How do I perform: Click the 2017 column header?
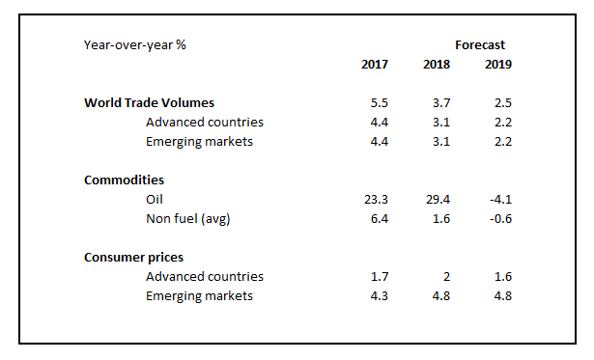375,65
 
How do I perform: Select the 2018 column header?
437,65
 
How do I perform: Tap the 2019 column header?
498,65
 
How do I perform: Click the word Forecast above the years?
480,45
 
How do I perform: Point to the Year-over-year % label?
135,45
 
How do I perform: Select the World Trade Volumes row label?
150,103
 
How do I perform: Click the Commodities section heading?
124,180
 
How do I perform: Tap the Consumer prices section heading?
133,258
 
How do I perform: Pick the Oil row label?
155,199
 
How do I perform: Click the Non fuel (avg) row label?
188,219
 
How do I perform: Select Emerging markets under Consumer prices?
199,295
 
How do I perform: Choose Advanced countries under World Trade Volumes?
205,123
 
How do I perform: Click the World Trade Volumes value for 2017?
380,103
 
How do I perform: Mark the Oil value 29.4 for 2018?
438,199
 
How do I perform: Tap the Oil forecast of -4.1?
500,199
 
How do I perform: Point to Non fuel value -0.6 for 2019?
500,219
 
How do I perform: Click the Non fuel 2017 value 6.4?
380,219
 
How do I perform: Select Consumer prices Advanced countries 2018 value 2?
446,277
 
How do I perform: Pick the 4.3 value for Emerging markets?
380,295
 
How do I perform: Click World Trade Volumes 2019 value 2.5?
503,103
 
